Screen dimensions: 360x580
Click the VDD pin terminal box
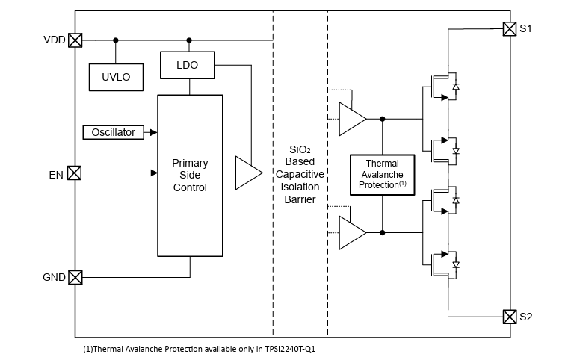coord(75,40)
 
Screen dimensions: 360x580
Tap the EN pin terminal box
coord(75,173)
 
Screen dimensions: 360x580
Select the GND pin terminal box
coord(75,278)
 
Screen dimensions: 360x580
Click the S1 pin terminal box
coord(509,29)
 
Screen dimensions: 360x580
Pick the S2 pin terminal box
coord(509,317)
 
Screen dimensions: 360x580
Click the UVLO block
coord(115,77)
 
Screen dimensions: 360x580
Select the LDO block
coord(188,65)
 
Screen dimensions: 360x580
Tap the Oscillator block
coord(113,132)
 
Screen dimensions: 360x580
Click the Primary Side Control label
coord(190,176)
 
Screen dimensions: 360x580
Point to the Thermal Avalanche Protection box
coord(382,174)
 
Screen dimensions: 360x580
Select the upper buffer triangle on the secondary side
coord(352,119)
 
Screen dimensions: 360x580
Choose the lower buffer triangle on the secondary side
coord(352,232)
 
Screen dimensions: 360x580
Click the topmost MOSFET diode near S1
coord(456,87)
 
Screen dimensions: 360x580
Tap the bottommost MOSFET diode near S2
coord(456,264)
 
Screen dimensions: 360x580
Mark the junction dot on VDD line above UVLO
coord(115,40)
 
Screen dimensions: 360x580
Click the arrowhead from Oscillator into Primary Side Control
coord(153,132)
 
